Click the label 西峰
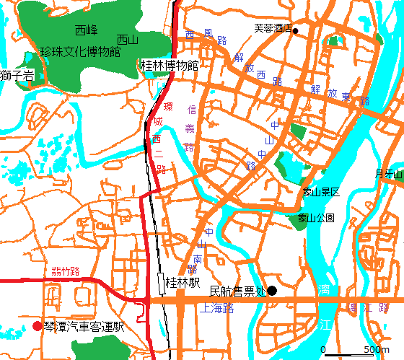86,30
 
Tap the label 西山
127,40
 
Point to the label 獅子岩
17,74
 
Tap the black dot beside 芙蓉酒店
295,30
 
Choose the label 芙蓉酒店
272,29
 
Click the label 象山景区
321,192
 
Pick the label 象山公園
316,217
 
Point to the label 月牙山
389,173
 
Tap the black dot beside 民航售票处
272,291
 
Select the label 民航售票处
237,291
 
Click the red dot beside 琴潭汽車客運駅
38,326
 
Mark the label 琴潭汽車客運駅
84,326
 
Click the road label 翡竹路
65,271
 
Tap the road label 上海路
219,308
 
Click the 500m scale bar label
377,350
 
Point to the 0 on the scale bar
323,350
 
